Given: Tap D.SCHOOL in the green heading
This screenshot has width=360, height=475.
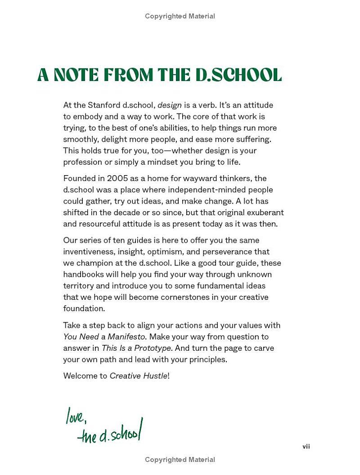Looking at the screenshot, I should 238,75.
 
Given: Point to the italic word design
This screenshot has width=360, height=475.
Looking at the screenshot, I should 170,105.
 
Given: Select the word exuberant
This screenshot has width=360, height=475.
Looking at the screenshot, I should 265,213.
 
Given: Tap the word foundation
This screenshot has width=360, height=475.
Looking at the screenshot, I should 84,308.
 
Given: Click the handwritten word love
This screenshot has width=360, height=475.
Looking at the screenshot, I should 76,416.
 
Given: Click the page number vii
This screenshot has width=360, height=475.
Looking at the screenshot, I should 306,446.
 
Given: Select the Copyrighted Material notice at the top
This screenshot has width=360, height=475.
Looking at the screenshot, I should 180,16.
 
